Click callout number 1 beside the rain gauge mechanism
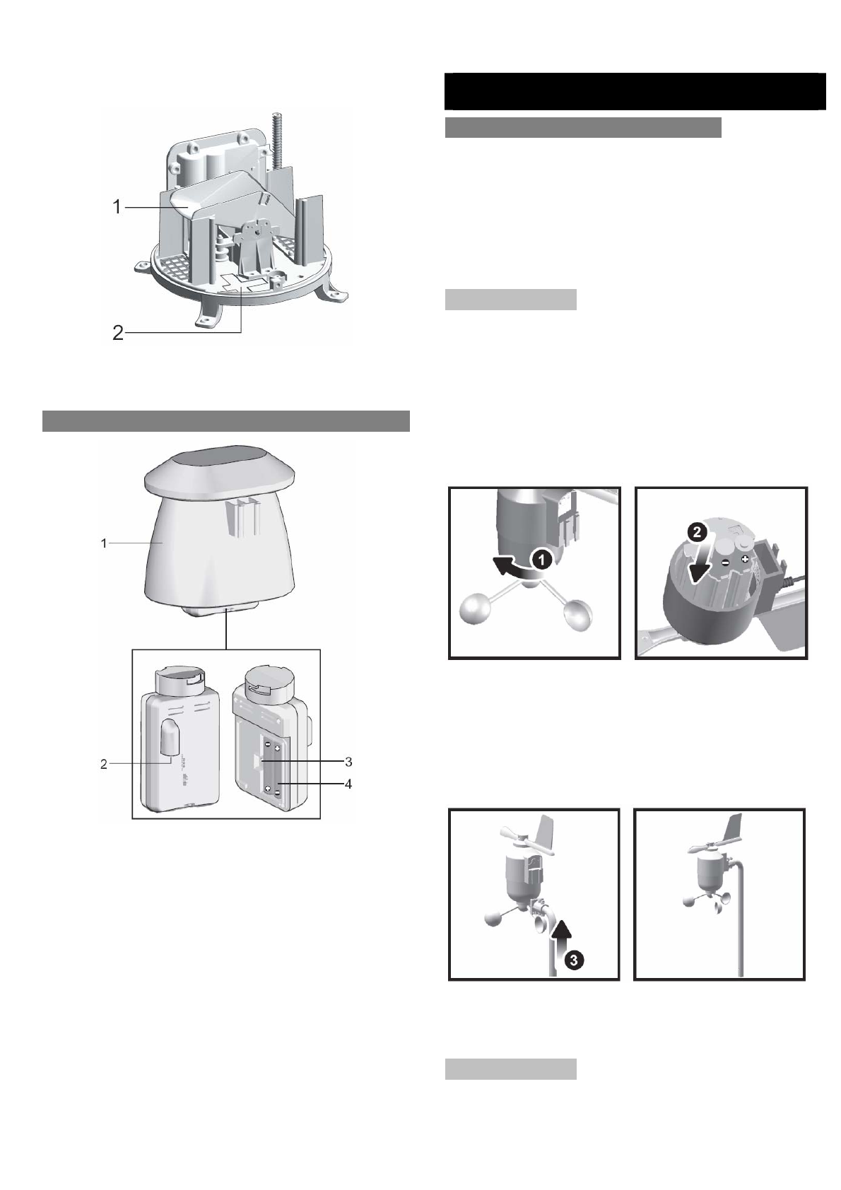[x=117, y=207]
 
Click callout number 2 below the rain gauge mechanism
[x=117, y=333]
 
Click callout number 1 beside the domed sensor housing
[x=104, y=543]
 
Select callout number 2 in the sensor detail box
[x=104, y=764]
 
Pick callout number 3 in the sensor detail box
[x=348, y=762]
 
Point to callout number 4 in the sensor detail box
[x=348, y=784]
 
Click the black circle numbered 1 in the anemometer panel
[x=542, y=560]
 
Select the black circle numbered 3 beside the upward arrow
[x=576, y=960]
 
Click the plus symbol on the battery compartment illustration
[x=745, y=558]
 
